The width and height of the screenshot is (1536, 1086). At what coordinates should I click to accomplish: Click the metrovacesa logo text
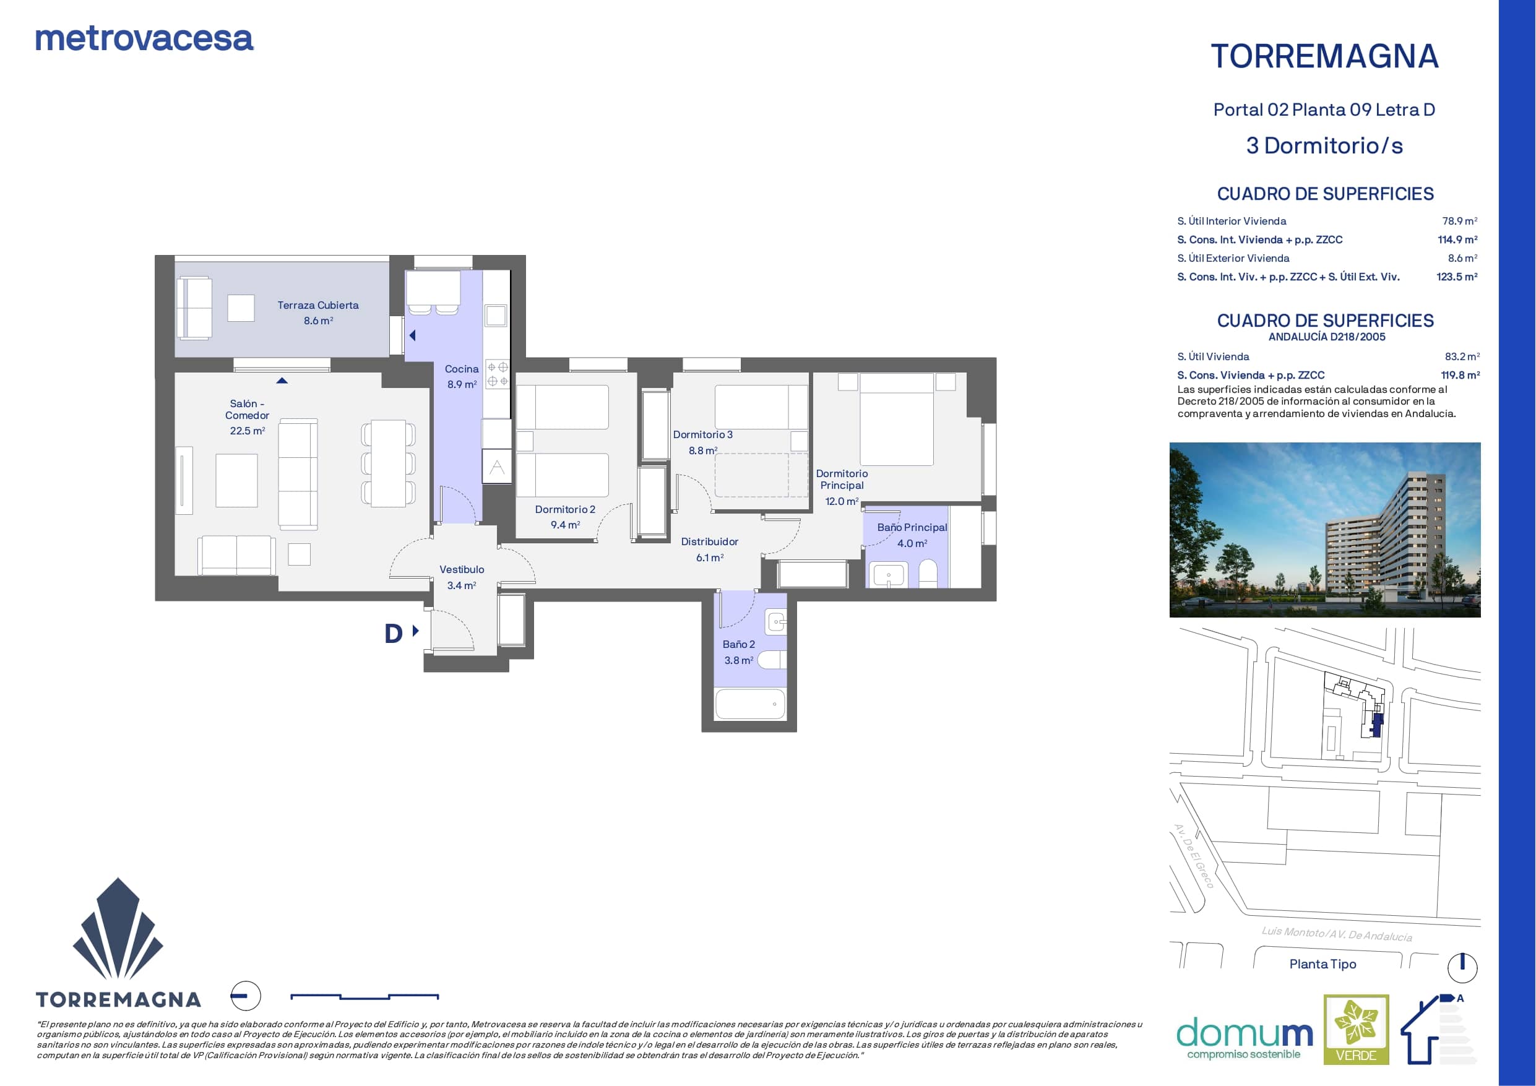click(144, 39)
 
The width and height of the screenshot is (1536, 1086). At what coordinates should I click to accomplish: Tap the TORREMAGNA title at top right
click(1324, 56)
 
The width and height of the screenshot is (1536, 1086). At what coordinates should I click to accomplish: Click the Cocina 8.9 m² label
click(462, 377)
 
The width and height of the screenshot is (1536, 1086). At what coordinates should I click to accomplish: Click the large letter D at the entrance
click(394, 633)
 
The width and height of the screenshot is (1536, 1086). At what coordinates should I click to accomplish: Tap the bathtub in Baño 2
click(750, 704)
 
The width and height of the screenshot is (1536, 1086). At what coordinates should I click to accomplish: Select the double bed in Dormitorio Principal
click(897, 420)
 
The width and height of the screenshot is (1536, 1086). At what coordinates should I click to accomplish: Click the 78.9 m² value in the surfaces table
click(1459, 221)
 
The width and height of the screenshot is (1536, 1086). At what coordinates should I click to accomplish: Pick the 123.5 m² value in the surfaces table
click(1456, 277)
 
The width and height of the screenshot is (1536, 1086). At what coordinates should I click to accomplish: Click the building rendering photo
click(1324, 529)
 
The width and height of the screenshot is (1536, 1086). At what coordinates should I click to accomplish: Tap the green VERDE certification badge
click(1356, 1029)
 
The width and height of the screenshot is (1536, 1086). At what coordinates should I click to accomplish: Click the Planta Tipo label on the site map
click(1322, 963)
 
